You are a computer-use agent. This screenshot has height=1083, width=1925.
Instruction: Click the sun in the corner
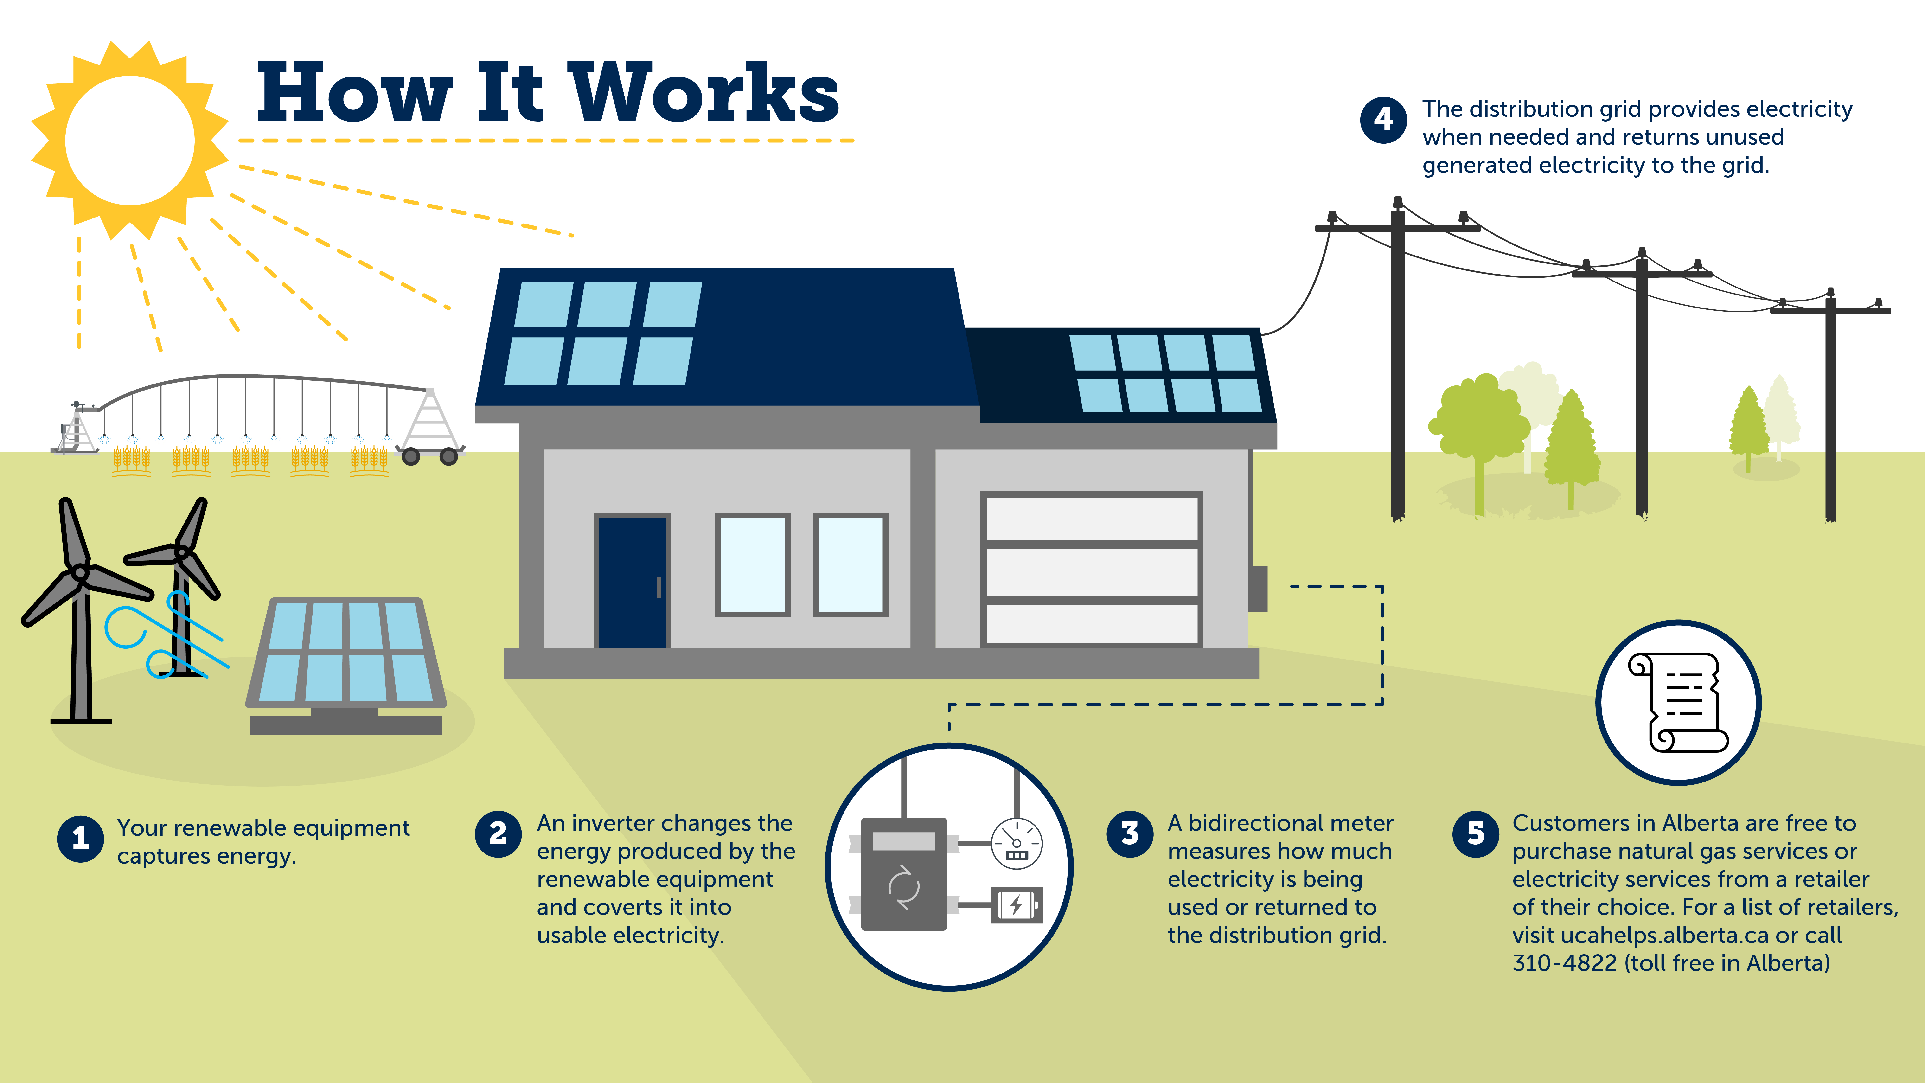pyautogui.click(x=130, y=140)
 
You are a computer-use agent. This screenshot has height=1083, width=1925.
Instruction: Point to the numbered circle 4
pyautogui.click(x=1383, y=120)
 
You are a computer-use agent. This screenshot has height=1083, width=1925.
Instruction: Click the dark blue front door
pyautogui.click(x=632, y=582)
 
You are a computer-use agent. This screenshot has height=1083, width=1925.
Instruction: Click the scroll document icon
pyautogui.click(x=1678, y=703)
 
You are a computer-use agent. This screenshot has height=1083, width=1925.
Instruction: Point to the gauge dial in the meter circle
pyautogui.click(x=1016, y=843)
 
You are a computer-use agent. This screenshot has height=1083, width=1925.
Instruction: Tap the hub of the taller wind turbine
pyautogui.click(x=80, y=573)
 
